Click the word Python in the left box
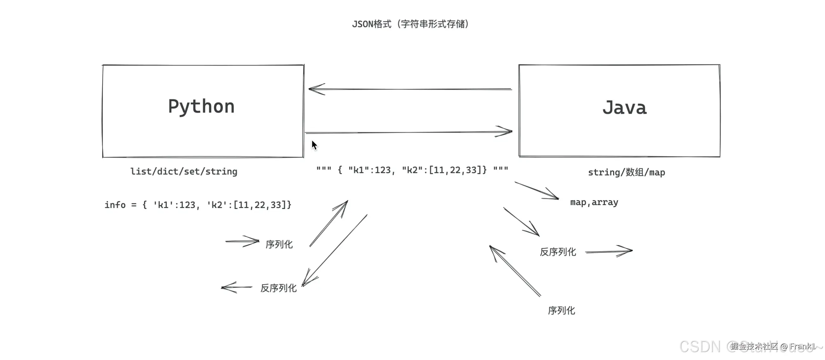(201, 107)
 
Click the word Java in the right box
(624, 108)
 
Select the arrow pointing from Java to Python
(410, 89)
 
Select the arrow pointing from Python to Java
(409, 132)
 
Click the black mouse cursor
(314, 145)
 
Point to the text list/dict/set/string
(184, 172)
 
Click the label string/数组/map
(627, 172)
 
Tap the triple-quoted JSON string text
(412, 170)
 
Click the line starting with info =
(198, 205)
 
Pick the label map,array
(594, 203)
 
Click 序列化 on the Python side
(279, 245)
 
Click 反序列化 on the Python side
(278, 288)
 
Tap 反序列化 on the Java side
(558, 252)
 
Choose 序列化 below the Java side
(561, 311)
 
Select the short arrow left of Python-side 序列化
(242, 242)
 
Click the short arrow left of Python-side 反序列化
(237, 287)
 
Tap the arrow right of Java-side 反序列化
(609, 251)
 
